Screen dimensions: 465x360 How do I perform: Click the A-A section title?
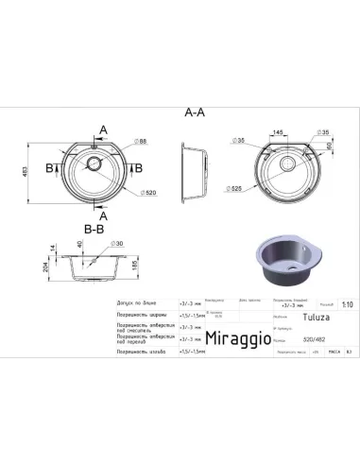(193, 112)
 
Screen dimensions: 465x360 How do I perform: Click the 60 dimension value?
(327, 145)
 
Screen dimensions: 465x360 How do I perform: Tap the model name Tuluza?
(290, 318)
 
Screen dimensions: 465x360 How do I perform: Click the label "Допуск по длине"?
(131, 297)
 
